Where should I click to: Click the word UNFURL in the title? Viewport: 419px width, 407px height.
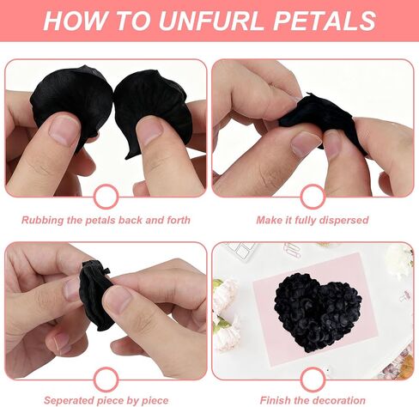pyautogui.click(x=210, y=21)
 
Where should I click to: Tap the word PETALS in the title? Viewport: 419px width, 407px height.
pyautogui.click(x=325, y=21)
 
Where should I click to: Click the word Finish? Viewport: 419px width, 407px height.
pyautogui.click(x=275, y=400)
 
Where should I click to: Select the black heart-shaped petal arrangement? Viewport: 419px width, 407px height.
pyautogui.click(x=317, y=312)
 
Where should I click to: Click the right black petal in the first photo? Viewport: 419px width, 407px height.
pyautogui.click(x=153, y=106)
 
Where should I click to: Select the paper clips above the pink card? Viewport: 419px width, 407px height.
pyautogui.click(x=292, y=250)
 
